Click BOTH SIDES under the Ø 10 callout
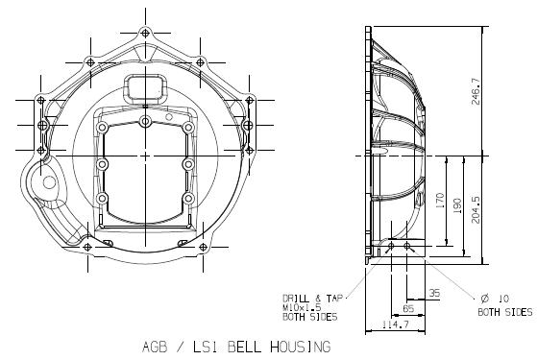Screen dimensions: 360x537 click(x=504, y=312)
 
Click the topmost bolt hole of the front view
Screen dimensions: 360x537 click(x=145, y=33)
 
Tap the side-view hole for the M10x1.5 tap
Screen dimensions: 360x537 click(x=391, y=248)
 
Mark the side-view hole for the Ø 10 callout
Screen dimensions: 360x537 click(x=409, y=248)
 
